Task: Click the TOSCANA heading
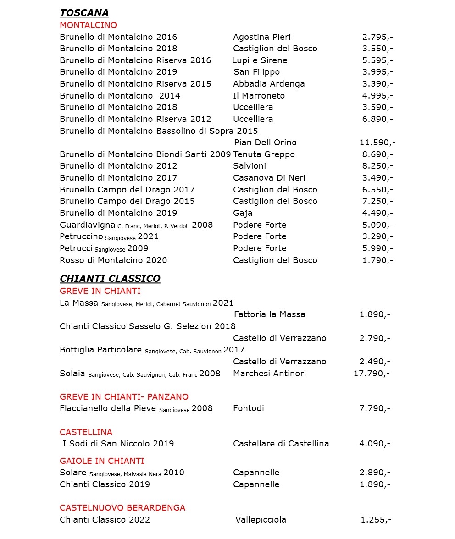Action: click(84, 13)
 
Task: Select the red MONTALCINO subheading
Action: click(88, 25)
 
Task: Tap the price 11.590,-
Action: click(377, 143)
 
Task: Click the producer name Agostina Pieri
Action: click(261, 37)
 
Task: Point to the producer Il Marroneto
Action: click(259, 96)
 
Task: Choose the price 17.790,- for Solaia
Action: click(371, 374)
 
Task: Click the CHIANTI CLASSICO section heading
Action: click(110, 279)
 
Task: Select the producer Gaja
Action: click(243, 213)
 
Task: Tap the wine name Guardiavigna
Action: click(87, 225)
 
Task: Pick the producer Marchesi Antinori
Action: click(269, 374)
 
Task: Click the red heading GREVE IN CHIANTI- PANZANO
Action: click(124, 397)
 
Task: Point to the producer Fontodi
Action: click(248, 408)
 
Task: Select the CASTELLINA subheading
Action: click(86, 432)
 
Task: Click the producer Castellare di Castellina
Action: click(281, 444)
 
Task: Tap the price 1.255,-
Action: click(376, 520)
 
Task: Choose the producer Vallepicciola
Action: click(261, 520)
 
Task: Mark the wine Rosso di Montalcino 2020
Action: click(113, 260)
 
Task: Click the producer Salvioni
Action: click(249, 166)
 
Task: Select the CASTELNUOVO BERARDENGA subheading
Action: click(122, 508)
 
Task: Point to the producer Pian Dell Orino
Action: click(265, 143)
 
